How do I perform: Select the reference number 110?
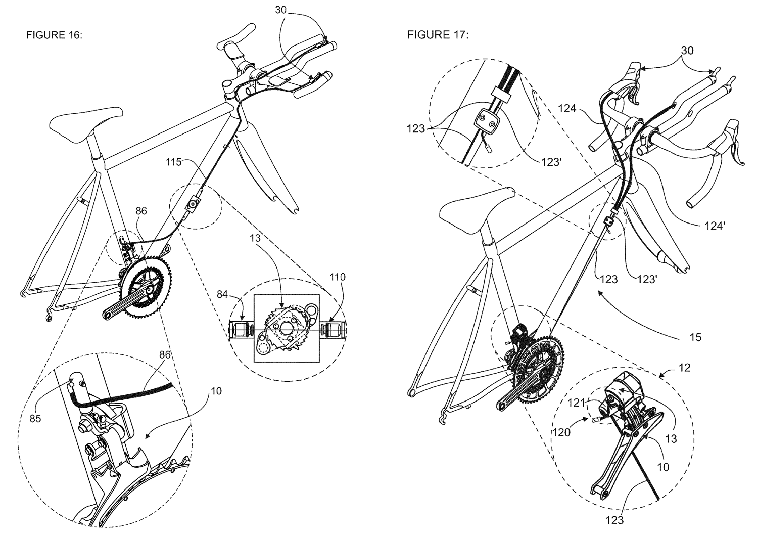tap(338, 277)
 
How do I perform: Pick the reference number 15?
tap(695, 337)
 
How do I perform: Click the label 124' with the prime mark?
tap(715, 227)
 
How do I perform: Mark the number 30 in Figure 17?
tap(687, 50)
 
